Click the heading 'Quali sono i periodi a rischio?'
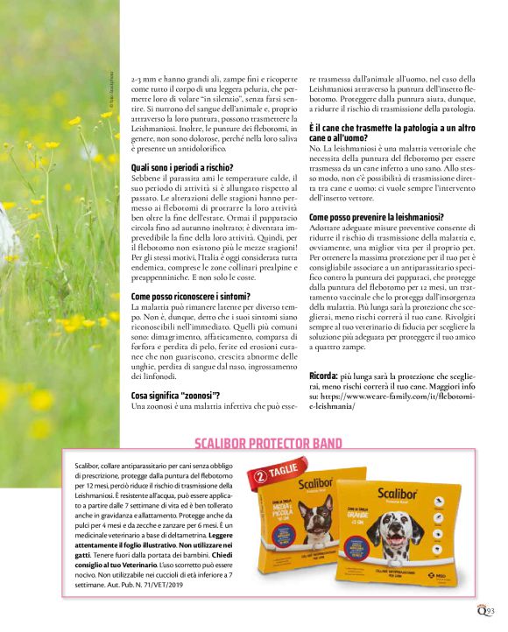pyautogui.click(x=182, y=166)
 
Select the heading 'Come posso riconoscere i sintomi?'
pyautogui.click(x=191, y=298)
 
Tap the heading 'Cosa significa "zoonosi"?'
pyautogui.click(x=175, y=396)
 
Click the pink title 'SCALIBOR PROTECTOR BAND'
pyautogui.click(x=268, y=444)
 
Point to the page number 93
pyautogui.click(x=491, y=611)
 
